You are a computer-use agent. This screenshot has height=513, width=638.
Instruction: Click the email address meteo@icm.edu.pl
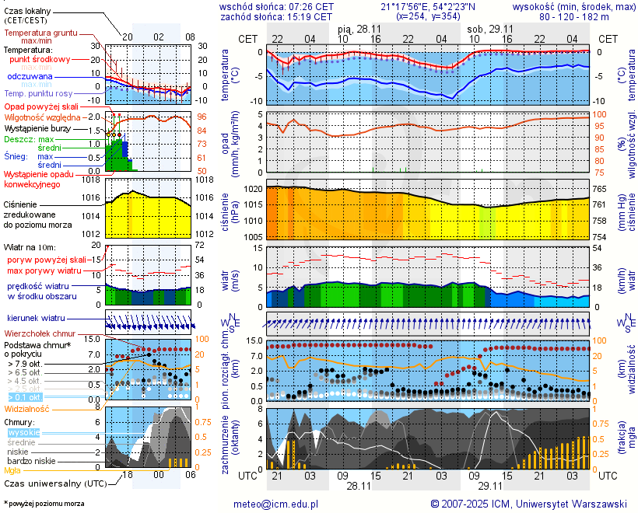[x=276, y=504]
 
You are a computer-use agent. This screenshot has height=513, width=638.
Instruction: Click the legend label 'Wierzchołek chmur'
[x=39, y=333]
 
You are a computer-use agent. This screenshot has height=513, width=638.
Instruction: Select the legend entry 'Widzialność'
[x=27, y=408]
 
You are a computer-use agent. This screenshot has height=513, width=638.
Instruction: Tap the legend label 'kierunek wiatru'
[x=36, y=319]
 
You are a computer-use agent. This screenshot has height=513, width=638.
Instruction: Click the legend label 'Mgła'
[x=12, y=470]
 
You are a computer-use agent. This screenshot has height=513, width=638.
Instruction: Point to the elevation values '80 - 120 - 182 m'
[x=575, y=16]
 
